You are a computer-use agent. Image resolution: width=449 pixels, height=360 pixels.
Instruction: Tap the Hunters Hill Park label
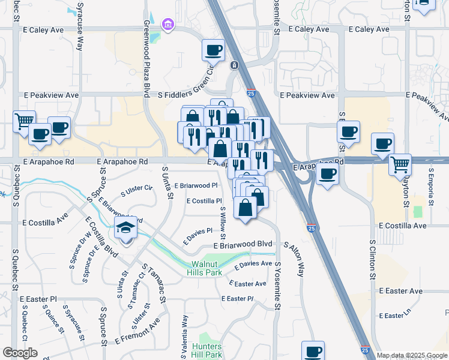tap(208, 351)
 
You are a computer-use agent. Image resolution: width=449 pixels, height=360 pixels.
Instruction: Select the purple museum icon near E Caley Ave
tap(168, 25)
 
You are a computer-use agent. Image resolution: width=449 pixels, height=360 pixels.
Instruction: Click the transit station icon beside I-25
tap(234, 65)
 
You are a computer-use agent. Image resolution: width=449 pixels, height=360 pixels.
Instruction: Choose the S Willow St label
tap(223, 220)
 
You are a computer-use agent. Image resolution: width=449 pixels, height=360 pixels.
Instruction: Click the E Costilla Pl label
tap(204, 202)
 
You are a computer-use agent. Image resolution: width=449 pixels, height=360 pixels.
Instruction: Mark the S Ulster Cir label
tap(137, 189)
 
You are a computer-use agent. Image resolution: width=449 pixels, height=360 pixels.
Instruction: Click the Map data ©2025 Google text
tap(412, 355)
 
